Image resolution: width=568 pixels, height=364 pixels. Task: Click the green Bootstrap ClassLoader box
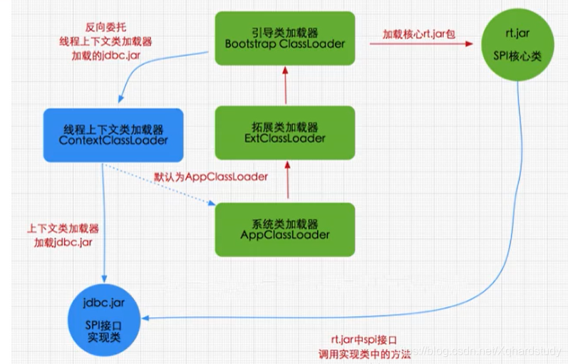click(x=284, y=38)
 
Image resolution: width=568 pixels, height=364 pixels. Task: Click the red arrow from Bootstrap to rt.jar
click(x=420, y=43)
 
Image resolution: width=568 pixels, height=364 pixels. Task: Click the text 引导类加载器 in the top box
click(x=284, y=31)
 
